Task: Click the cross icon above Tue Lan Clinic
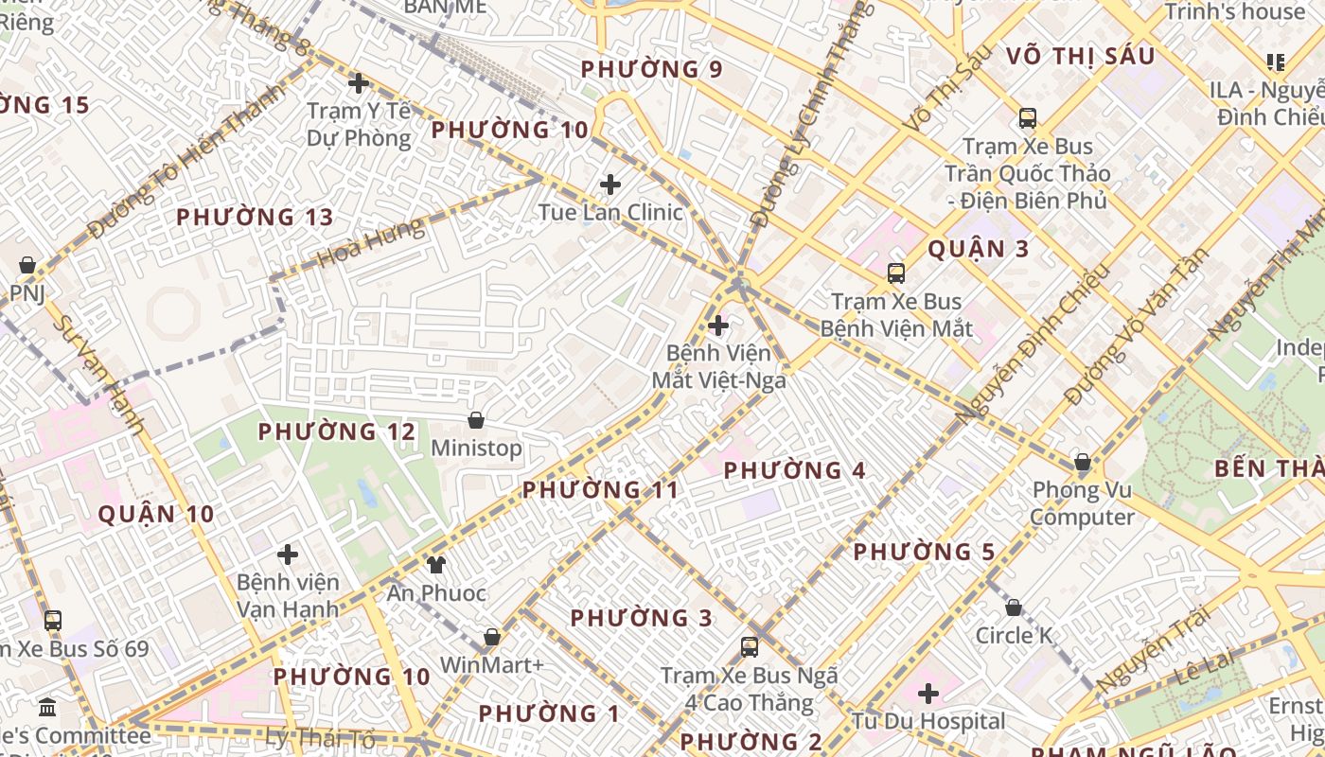tap(610, 184)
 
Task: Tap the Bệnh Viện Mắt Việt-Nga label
tap(718, 366)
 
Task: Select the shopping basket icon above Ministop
tap(476, 420)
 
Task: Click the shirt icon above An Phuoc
tap(435, 565)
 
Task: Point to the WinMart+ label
tap(491, 665)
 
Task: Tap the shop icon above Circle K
tap(1014, 607)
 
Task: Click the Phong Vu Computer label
tap(1083, 503)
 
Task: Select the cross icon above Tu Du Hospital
tap(928, 694)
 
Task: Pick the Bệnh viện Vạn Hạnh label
tap(287, 595)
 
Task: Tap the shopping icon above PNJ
tap(27, 265)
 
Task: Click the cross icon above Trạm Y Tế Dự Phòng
tap(358, 83)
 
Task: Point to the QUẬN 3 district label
tap(978, 249)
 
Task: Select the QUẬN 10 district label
tap(156, 514)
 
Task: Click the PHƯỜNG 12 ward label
tap(337, 431)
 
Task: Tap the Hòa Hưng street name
tap(371, 242)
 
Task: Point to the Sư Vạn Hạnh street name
tap(97, 375)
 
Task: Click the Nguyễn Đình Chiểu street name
tap(1032, 343)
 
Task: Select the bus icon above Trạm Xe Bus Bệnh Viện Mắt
tap(895, 274)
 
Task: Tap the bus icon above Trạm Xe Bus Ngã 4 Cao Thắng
tap(750, 647)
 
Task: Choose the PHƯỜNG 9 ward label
tap(651, 69)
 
